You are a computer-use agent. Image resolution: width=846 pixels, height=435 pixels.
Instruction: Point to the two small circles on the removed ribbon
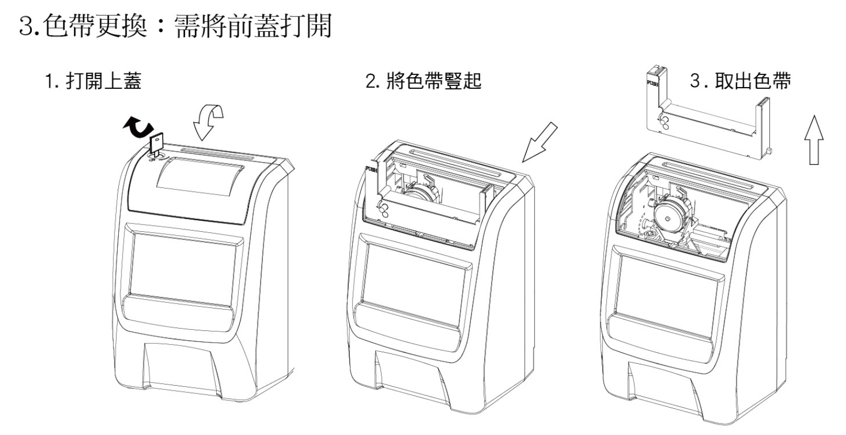point(664,122)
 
